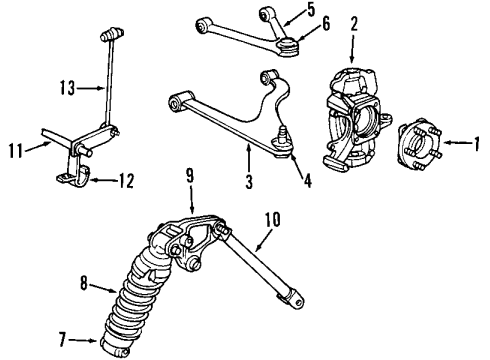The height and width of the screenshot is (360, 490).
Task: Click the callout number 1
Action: (476, 142)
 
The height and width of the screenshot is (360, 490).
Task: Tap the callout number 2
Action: (353, 22)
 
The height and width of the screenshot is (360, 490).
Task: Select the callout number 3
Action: (249, 183)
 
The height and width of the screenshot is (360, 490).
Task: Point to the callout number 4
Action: (307, 183)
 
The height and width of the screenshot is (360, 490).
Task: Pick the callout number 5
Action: (310, 12)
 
